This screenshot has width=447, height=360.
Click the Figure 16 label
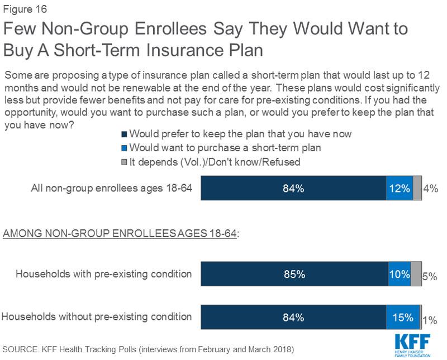25,8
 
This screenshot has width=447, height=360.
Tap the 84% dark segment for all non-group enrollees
293,189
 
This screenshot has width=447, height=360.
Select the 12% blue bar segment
399,189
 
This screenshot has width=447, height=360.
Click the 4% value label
430,189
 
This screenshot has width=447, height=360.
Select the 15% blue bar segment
402,318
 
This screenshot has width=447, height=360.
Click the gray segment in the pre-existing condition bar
416,275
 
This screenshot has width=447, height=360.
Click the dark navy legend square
124,135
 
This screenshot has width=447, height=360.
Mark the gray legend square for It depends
124,162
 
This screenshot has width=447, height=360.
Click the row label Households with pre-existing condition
104,275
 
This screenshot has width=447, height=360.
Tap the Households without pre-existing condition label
97,317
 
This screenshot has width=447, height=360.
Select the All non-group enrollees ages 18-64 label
112,189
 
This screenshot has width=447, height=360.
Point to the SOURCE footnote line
148,349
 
